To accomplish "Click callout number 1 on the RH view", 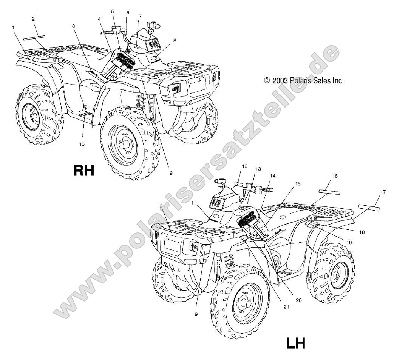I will tap(13, 28).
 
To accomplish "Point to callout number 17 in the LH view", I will tap(383, 192).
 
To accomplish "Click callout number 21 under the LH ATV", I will tap(286, 307).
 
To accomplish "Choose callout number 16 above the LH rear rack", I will tap(335, 176).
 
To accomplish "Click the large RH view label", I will tap(83, 160).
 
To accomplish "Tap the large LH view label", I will tap(295, 344).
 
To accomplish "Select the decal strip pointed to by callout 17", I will tap(369, 207).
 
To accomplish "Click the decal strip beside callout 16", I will tap(329, 192).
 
